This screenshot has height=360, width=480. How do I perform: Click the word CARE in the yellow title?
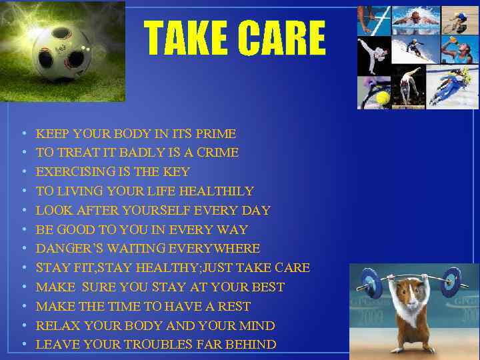coord(283,38)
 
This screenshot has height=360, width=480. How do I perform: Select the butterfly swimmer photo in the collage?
coord(415,19)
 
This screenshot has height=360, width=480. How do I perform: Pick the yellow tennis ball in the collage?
coord(383,97)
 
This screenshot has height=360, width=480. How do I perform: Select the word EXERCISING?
coord(73,172)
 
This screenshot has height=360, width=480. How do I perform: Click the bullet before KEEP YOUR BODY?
coord(24,134)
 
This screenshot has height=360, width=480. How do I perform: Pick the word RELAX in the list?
coord(55,326)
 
